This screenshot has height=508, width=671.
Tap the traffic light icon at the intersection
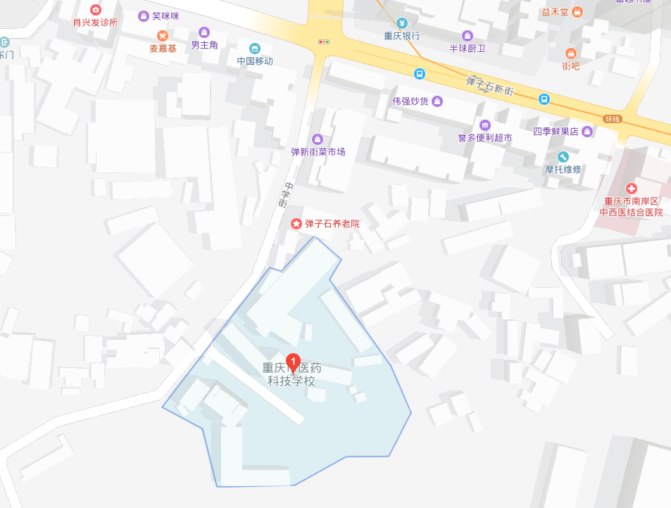324,42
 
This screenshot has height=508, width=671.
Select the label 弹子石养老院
332,224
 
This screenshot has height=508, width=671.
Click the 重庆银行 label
402,36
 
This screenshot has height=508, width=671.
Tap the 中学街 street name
283,195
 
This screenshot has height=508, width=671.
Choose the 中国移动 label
255,61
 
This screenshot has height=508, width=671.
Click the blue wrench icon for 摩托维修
563,156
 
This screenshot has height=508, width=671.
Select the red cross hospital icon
632,188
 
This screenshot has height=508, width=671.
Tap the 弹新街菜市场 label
318,152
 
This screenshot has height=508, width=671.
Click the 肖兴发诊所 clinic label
96,22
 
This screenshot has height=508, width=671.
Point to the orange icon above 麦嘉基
163,35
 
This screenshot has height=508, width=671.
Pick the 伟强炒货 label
410,101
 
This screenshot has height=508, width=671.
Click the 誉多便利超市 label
484,138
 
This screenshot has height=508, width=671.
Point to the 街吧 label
570,66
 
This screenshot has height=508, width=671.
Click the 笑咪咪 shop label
165,15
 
